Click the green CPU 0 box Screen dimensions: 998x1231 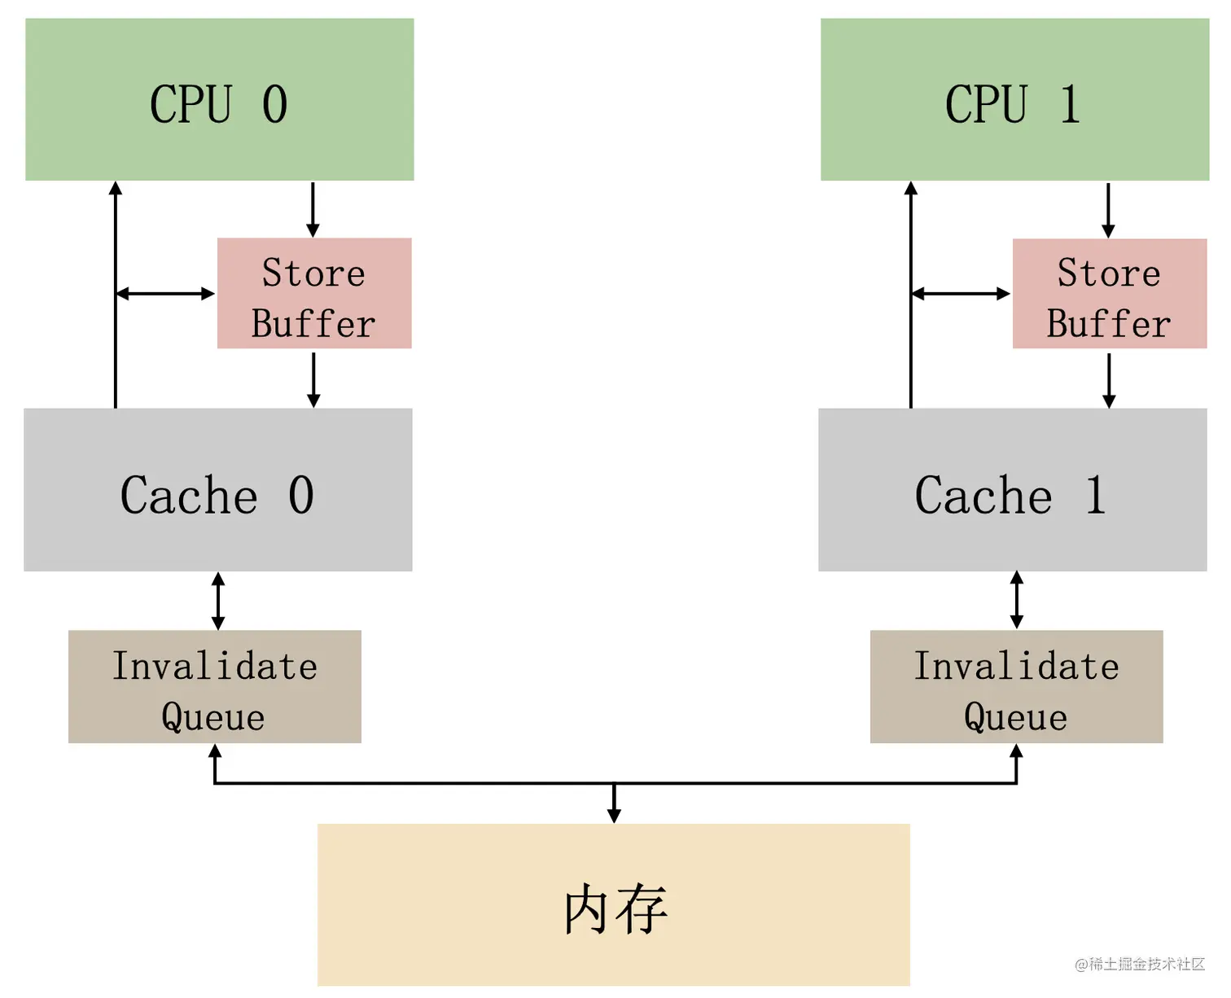coord(220,99)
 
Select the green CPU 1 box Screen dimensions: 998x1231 coord(1014,99)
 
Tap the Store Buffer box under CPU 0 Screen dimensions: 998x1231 coord(314,293)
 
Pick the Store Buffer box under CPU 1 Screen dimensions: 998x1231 coord(1109,293)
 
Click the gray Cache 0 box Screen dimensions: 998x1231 coord(218,489)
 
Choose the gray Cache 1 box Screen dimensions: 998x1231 coord(1012,489)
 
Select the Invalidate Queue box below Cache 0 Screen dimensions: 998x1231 coord(215,686)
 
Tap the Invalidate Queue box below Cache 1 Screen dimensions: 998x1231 coord(1016,686)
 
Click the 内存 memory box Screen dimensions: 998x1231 coord(614,904)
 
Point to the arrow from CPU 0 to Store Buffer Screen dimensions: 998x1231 coord(313,209)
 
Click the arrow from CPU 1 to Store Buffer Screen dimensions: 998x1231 coord(1108,209)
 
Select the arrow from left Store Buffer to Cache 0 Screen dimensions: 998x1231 coord(313,379)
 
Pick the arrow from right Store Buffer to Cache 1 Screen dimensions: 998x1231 coord(1109,379)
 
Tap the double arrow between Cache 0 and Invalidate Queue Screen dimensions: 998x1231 coord(218,601)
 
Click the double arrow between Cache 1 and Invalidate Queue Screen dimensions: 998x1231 coord(1017,600)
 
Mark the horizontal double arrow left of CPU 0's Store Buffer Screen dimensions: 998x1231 coord(165,294)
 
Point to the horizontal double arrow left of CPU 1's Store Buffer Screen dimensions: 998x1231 coord(961,294)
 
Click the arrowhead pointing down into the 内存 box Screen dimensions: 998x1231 coord(615,815)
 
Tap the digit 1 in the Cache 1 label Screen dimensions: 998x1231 coord(1096,494)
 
